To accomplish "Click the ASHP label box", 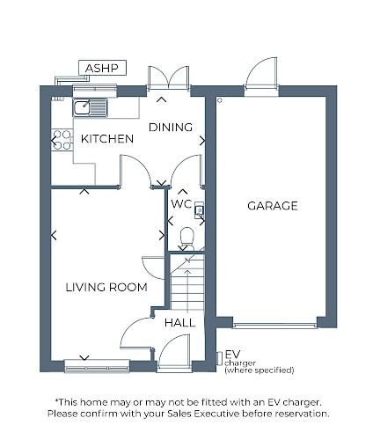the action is (x=102, y=68).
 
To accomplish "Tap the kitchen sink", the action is (x=90, y=107).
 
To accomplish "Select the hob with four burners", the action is (x=62, y=140).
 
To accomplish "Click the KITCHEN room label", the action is (x=107, y=139).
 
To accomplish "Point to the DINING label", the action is (x=171, y=128).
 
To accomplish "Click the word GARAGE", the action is (x=273, y=206).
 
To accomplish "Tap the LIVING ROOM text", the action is (x=106, y=287).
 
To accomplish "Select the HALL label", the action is (x=179, y=323).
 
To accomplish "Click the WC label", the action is (x=181, y=204).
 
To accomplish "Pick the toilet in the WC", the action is (x=186, y=239).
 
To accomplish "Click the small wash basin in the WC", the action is (x=200, y=210).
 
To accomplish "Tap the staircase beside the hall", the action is (x=187, y=282).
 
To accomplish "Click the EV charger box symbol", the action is (x=219, y=358).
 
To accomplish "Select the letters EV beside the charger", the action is (x=232, y=355).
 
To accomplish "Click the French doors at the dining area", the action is (x=168, y=77).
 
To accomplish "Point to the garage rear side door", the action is (x=261, y=73).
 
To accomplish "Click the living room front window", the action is (x=97, y=366).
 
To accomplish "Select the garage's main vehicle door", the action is (x=274, y=326).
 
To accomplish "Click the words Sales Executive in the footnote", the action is (x=203, y=414).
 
